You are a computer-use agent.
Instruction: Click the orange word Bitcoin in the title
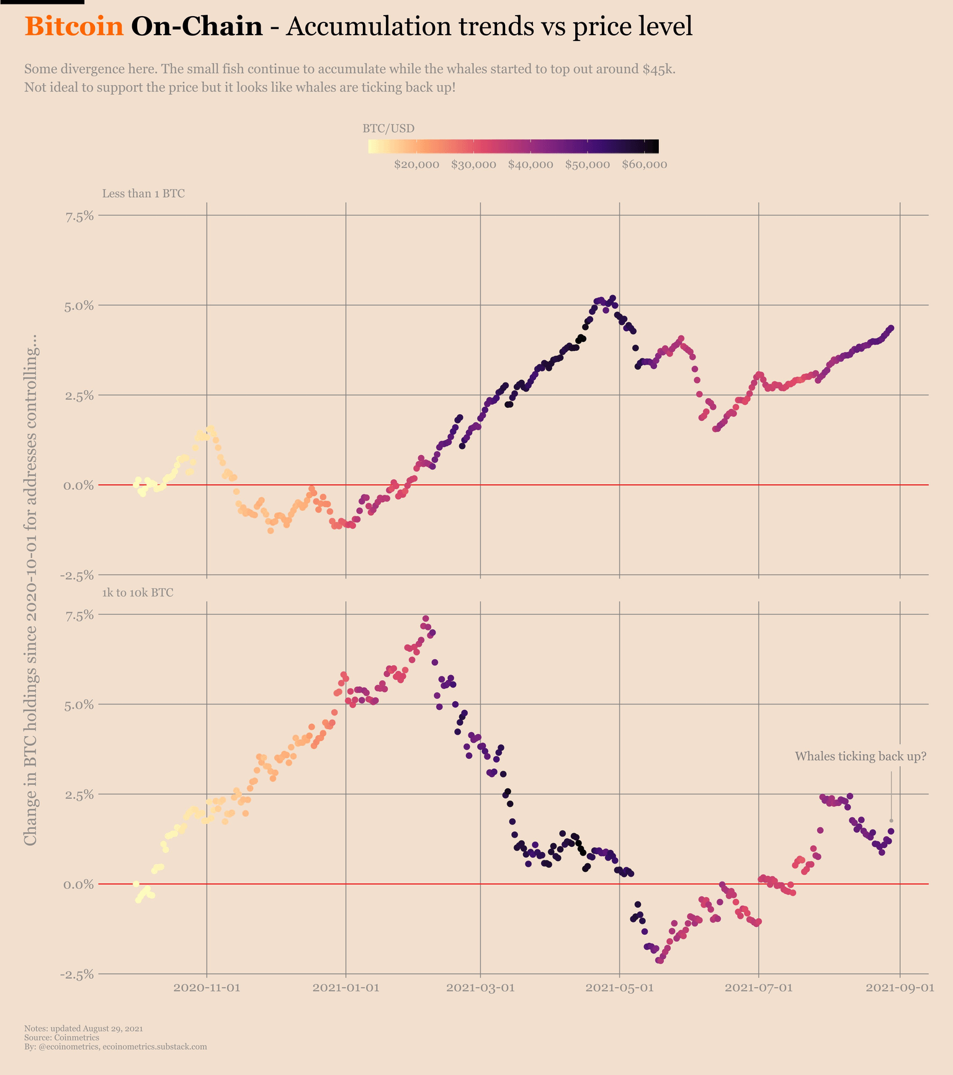(x=74, y=27)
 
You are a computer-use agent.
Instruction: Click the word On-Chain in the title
(x=197, y=27)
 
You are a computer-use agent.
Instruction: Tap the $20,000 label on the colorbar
(x=416, y=165)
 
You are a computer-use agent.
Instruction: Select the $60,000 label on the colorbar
(x=644, y=165)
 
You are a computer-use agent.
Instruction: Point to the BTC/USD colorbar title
(x=388, y=128)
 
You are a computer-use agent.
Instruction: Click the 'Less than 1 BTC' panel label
(x=143, y=193)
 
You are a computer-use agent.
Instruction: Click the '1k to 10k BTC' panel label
(x=138, y=593)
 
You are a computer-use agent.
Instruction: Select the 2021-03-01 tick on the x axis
(x=480, y=988)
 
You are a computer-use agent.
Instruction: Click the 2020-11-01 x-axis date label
(x=207, y=988)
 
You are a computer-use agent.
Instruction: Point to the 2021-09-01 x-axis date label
(x=900, y=988)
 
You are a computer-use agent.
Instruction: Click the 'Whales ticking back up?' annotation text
(x=861, y=756)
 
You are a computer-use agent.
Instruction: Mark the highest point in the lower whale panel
(x=426, y=619)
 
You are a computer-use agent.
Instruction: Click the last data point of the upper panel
(x=891, y=328)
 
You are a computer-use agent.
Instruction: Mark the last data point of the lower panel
(x=891, y=831)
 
